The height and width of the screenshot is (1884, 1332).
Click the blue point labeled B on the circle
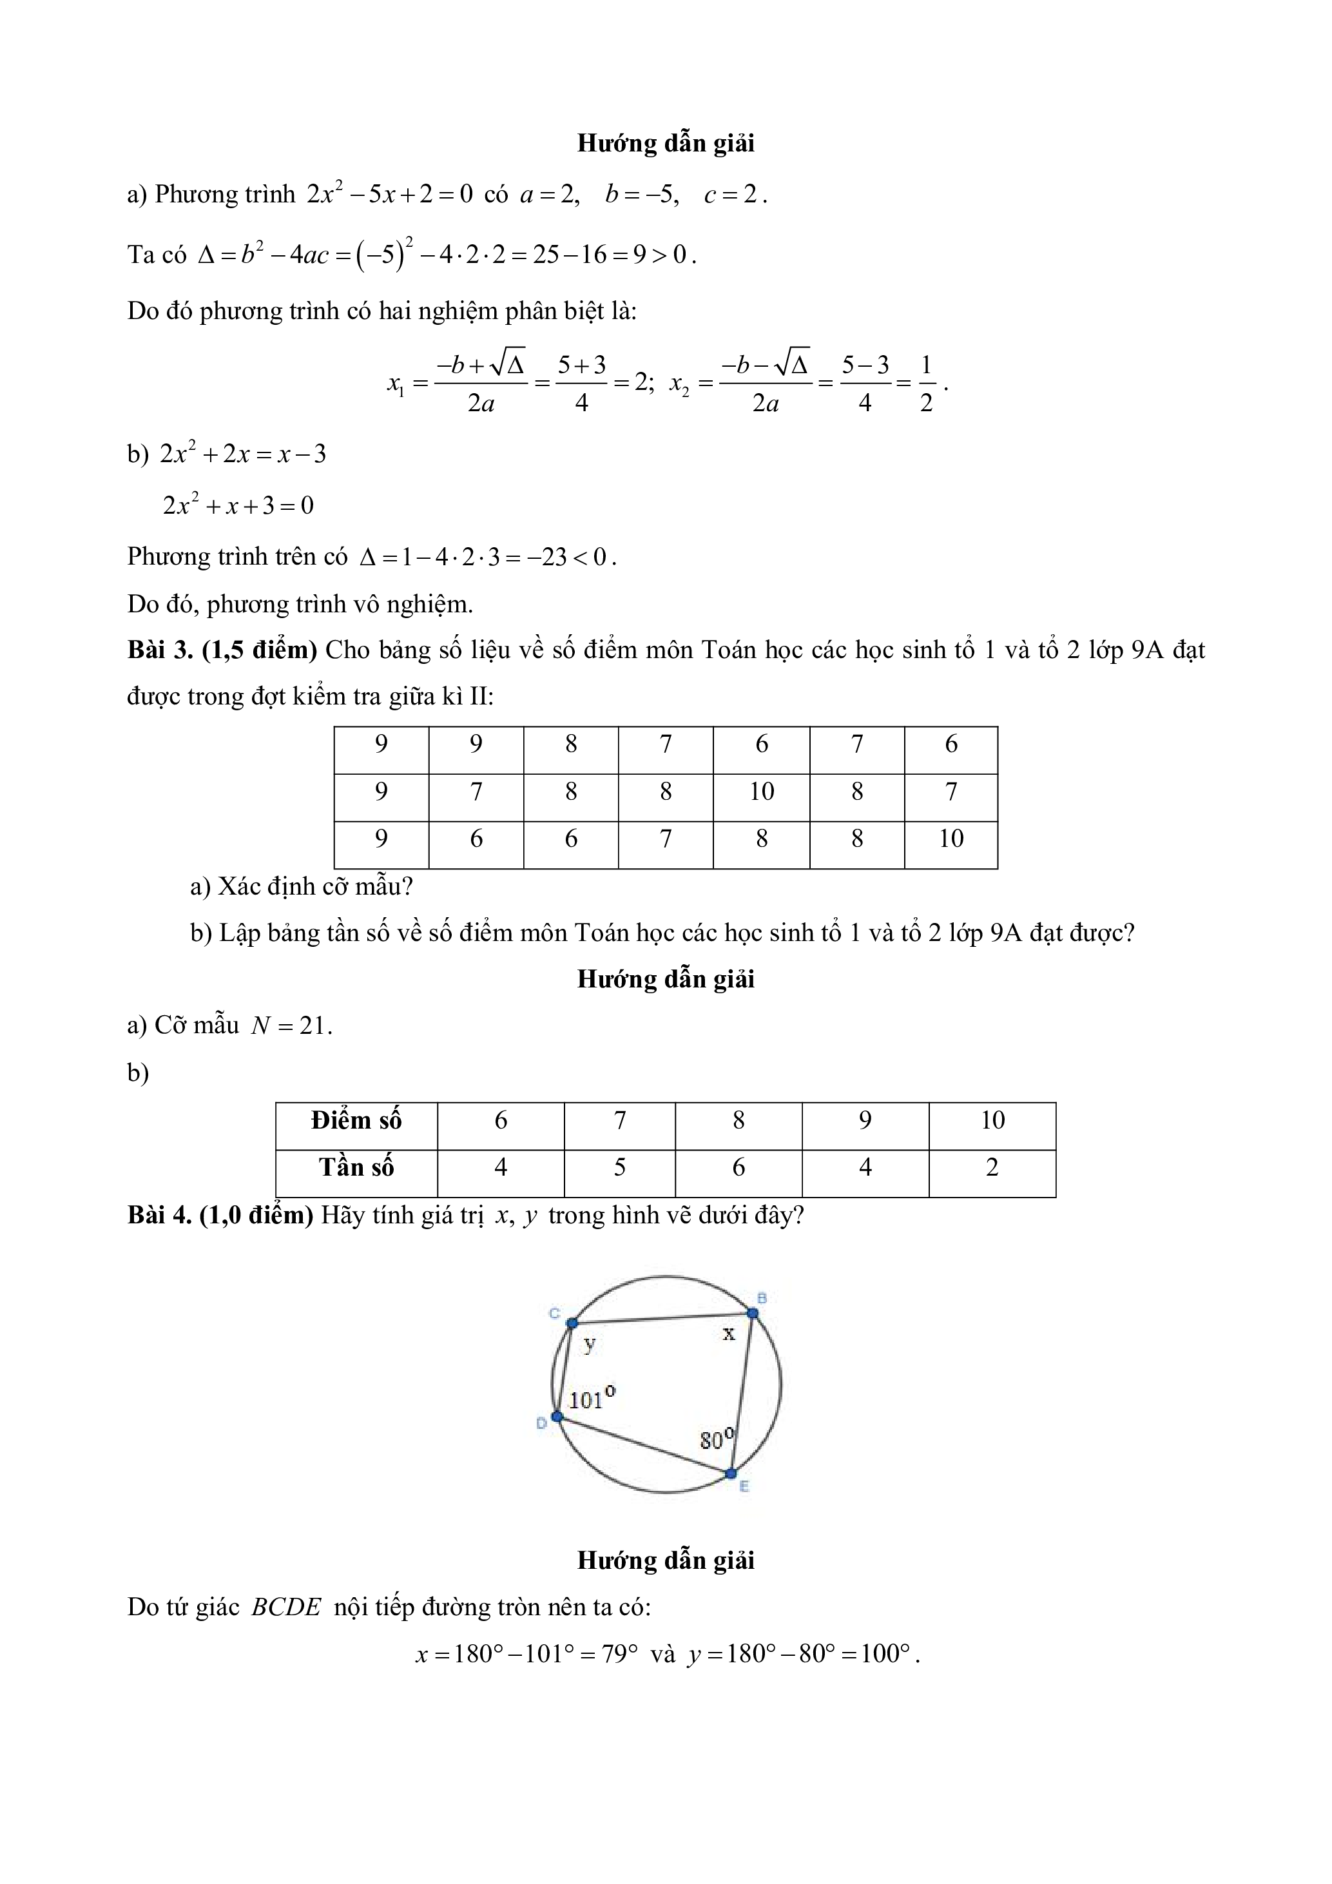(x=753, y=1313)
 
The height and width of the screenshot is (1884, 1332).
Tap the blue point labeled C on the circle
(x=572, y=1323)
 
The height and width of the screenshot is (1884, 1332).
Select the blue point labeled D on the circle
(x=557, y=1416)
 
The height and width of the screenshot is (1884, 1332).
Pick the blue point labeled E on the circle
(x=731, y=1473)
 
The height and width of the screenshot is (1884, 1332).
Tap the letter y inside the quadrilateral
(x=590, y=1344)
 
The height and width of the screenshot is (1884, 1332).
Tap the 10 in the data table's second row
(x=761, y=791)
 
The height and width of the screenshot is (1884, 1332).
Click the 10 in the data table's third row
(x=951, y=838)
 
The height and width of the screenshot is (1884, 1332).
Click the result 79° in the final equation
(x=620, y=1653)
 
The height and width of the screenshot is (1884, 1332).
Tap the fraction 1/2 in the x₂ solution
(x=926, y=384)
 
